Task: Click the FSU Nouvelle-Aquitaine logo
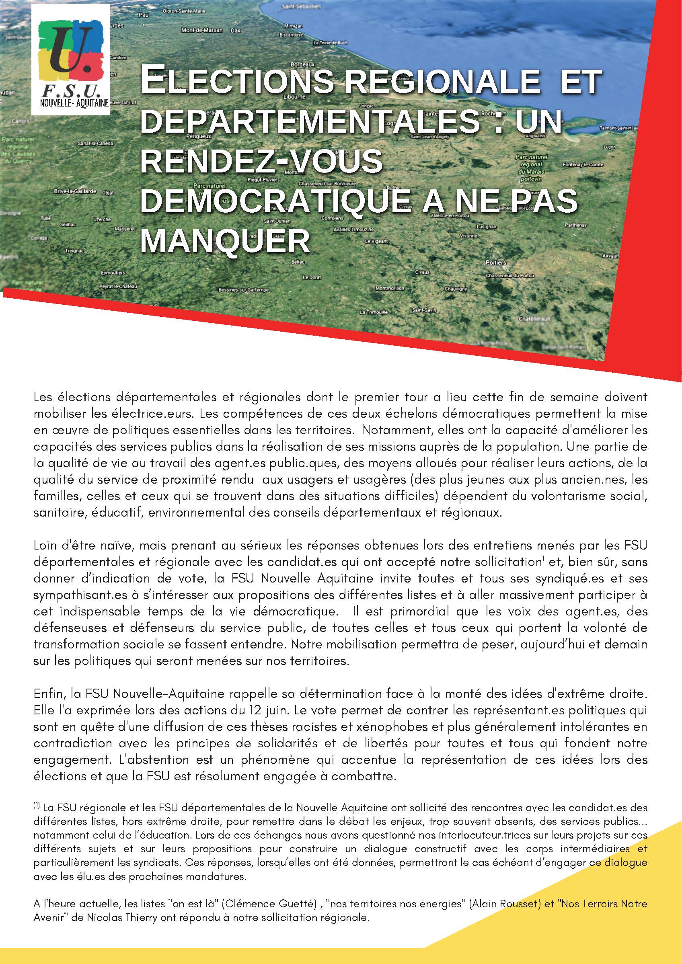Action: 72,61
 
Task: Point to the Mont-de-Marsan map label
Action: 201,30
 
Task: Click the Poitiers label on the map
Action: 495,263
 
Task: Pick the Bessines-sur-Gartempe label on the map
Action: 244,290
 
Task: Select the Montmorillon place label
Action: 389,289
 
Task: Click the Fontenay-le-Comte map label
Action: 583,165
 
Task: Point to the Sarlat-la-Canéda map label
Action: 95,143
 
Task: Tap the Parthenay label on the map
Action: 575,226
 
